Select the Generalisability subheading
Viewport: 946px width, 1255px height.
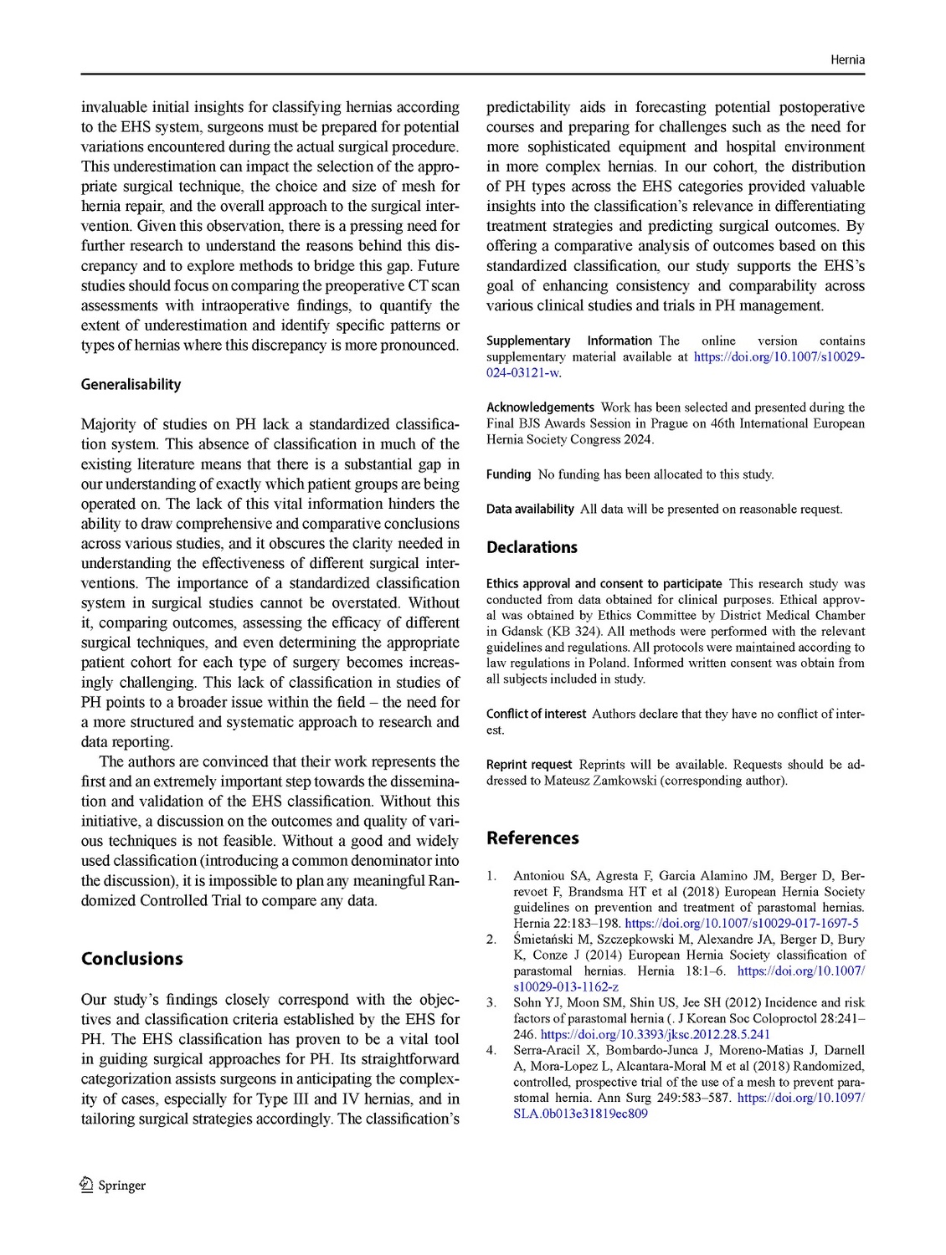(131, 385)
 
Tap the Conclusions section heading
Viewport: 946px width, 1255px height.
(131, 959)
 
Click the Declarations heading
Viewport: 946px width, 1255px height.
(532, 547)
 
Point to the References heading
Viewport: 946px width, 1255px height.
(532, 838)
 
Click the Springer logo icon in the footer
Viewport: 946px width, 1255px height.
(85, 1185)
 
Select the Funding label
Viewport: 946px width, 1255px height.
(508, 474)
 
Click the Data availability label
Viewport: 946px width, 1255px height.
(530, 509)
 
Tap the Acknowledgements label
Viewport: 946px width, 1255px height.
(540, 407)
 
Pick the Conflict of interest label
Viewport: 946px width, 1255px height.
(536, 714)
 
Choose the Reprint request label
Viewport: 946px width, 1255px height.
(529, 765)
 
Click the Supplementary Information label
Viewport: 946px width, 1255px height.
(568, 341)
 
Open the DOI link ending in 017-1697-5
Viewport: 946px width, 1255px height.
(742, 924)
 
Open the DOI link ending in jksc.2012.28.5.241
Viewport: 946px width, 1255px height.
(655, 1034)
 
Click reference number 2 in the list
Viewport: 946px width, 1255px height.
(491, 940)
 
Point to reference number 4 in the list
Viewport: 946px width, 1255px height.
(491, 1050)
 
